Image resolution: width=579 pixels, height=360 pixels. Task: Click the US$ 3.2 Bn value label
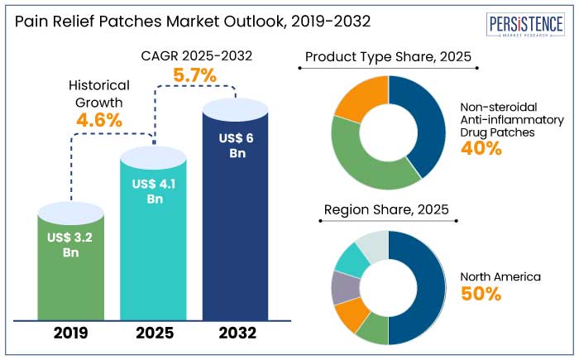coord(71,245)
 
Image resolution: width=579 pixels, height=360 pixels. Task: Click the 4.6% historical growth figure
coord(98,120)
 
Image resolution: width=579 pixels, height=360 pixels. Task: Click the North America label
coord(499,276)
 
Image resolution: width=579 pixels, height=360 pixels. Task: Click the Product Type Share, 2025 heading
coord(389,57)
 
